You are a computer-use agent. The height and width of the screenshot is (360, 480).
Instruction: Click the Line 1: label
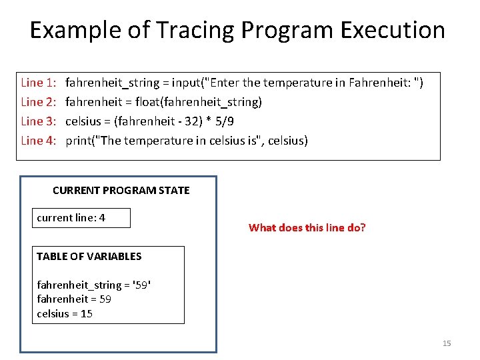coord(39,83)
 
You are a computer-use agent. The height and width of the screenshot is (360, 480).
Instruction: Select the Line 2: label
coord(39,102)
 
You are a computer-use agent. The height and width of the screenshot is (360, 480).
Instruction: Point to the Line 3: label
coord(39,121)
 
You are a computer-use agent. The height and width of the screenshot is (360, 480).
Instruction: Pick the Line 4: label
coord(39,140)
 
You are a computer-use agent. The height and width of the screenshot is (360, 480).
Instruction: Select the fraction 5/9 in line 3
coord(224,121)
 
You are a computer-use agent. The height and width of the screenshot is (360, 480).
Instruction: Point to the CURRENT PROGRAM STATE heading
coord(121,191)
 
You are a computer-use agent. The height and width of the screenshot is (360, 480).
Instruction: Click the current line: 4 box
coord(81,218)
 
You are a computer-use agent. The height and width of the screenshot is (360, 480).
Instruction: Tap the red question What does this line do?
coord(307,228)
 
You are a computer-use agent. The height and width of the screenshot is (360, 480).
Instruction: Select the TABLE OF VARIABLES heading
coord(89,257)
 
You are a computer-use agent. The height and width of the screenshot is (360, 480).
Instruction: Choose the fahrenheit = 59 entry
coord(74,299)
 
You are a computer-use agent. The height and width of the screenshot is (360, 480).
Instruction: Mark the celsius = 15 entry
coord(65,313)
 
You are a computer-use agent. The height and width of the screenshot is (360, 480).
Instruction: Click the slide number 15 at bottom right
coord(447,343)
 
